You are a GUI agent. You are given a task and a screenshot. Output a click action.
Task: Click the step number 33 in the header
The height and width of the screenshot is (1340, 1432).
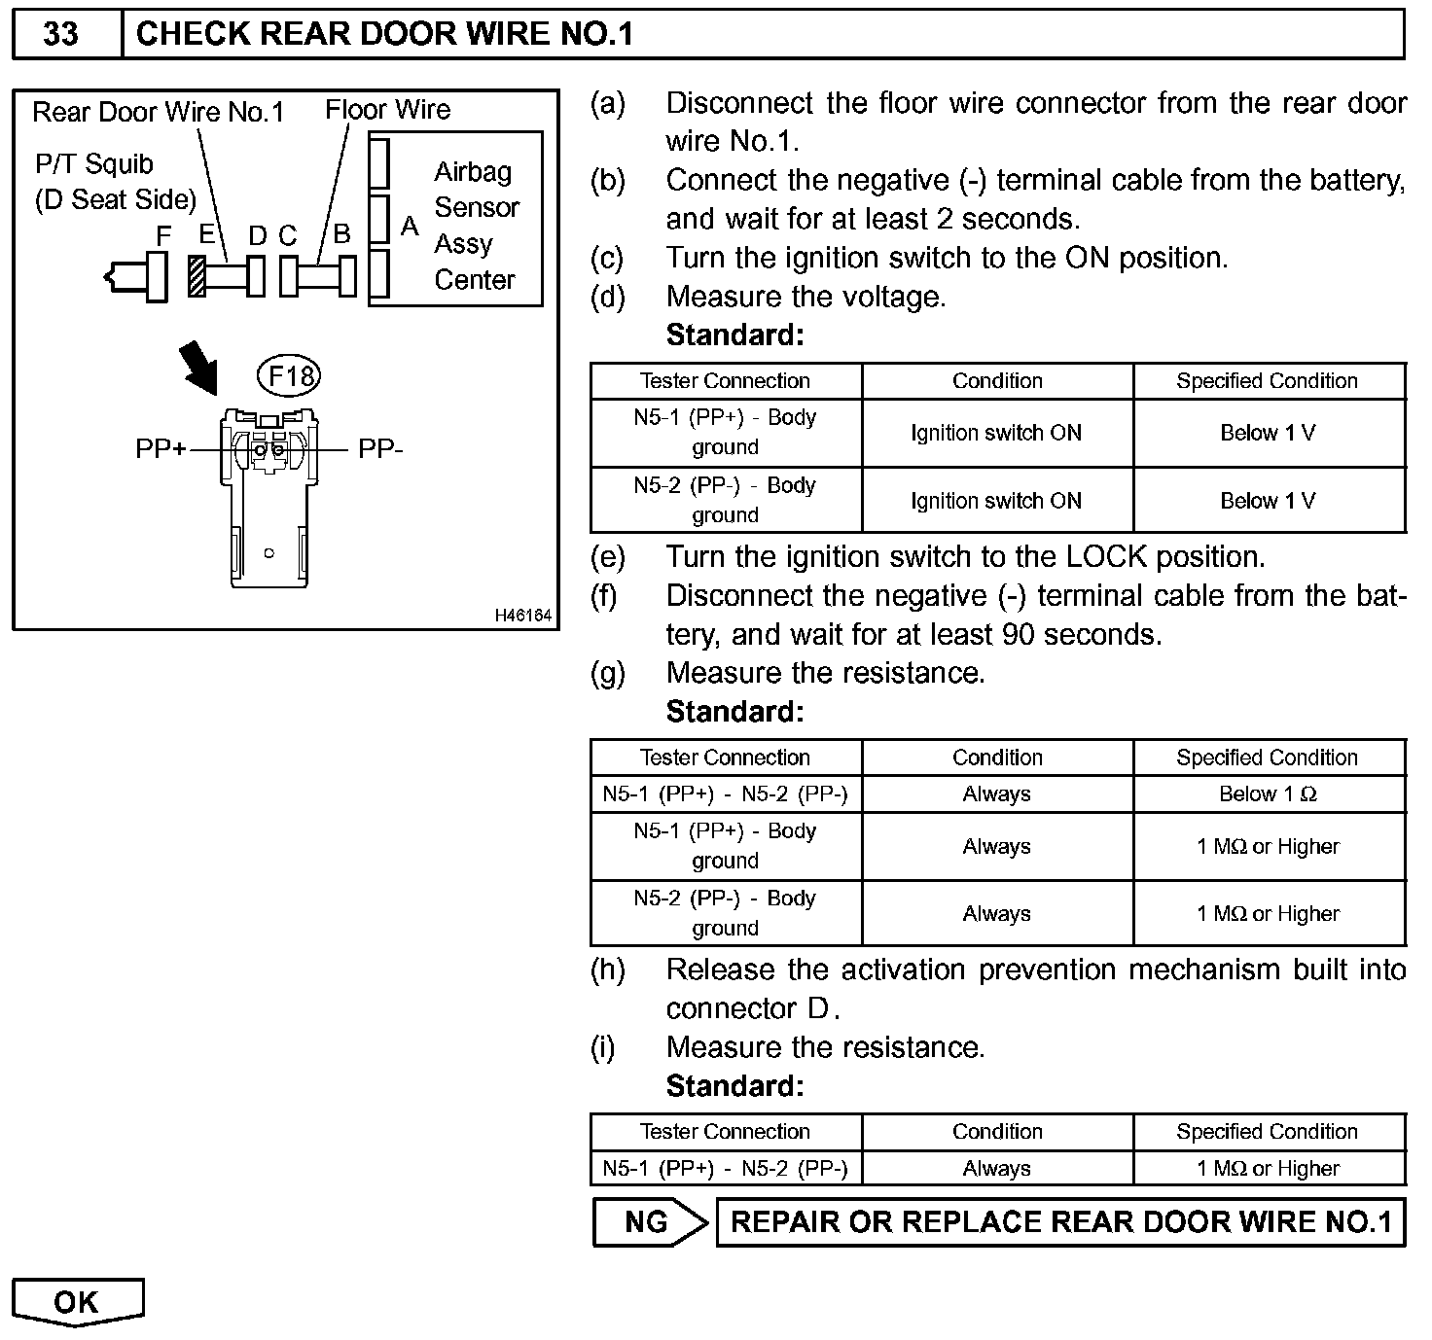pyautogui.click(x=61, y=34)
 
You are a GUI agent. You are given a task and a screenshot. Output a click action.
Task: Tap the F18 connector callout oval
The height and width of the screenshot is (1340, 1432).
pyautogui.click(x=290, y=375)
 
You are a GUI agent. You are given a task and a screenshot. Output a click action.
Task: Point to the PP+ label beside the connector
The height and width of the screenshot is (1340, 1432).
pyautogui.click(x=161, y=449)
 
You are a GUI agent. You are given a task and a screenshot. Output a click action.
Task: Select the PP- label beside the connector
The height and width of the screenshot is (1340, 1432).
pyautogui.click(x=380, y=449)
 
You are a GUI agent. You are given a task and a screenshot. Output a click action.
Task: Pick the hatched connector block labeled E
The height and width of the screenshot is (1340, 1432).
pyautogui.click(x=197, y=277)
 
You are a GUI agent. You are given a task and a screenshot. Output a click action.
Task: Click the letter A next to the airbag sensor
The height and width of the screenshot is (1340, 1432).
pyautogui.click(x=410, y=227)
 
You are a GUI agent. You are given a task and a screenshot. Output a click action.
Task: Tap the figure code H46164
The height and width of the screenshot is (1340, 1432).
pyautogui.click(x=522, y=616)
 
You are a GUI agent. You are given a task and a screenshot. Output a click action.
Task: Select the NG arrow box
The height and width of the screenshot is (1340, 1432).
pyautogui.click(x=649, y=1222)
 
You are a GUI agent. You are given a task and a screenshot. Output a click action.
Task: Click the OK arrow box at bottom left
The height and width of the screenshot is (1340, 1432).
pyautogui.click(x=77, y=1301)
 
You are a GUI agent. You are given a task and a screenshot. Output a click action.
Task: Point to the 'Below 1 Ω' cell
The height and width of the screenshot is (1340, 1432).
pyautogui.click(x=1268, y=794)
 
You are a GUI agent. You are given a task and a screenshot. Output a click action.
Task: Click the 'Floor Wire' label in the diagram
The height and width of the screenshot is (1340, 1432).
pyautogui.click(x=387, y=110)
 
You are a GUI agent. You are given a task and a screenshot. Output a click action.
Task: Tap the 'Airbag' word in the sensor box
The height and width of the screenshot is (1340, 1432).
pyautogui.click(x=473, y=172)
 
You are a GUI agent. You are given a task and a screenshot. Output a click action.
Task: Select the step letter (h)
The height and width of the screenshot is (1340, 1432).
pyautogui.click(x=608, y=970)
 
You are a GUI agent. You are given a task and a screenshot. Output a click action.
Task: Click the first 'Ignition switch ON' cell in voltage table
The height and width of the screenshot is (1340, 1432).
pyautogui.click(x=996, y=433)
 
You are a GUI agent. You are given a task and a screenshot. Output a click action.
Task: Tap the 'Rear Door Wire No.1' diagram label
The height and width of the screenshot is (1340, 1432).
pyautogui.click(x=158, y=112)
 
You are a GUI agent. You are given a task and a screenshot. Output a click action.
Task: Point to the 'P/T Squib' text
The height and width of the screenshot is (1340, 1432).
pyautogui.click(x=94, y=164)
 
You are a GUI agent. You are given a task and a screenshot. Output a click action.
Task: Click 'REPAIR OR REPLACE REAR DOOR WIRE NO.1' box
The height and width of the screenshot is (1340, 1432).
pyautogui.click(x=1060, y=1222)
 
